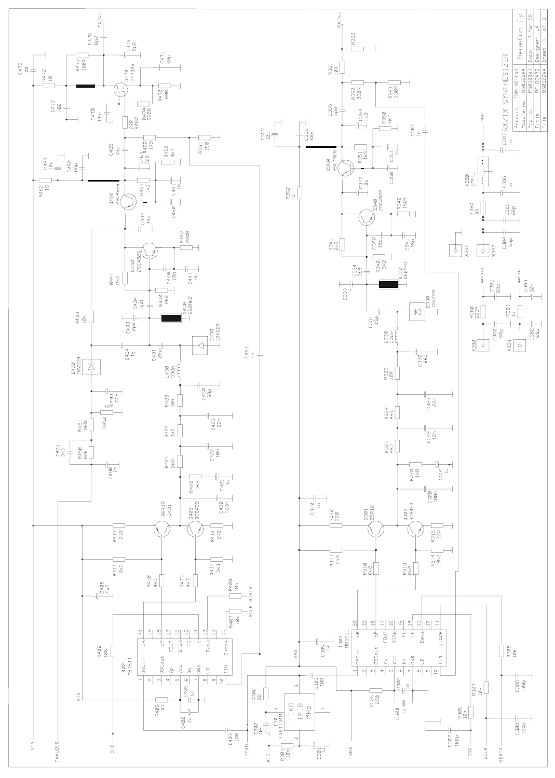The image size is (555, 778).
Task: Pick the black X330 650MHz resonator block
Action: pyautogui.click(x=389, y=284)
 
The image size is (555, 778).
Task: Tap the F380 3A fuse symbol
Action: pyautogui.click(x=483, y=208)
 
